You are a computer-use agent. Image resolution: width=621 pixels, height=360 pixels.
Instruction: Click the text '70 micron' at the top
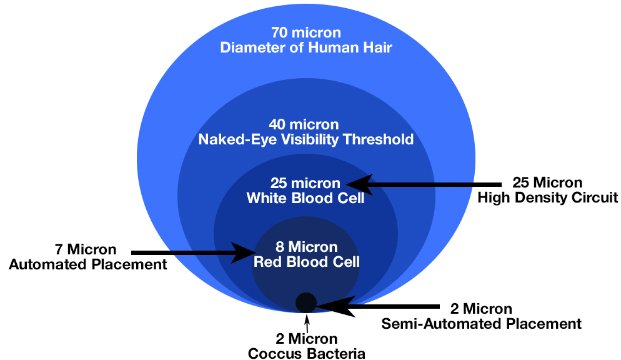click(306, 32)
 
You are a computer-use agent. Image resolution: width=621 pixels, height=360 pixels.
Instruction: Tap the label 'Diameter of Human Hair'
click(306, 47)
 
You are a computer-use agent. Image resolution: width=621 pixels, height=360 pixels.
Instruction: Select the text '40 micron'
click(306, 124)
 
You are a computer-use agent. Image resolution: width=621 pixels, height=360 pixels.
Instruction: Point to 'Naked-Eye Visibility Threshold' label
click(306, 139)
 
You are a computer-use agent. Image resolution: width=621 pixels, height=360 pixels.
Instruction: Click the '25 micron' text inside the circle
click(306, 184)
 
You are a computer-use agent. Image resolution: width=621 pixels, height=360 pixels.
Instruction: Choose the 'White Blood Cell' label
click(306, 199)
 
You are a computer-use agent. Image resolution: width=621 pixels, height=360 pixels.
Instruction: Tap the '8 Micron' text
click(306, 246)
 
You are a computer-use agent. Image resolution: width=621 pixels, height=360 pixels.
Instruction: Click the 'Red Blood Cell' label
click(306, 261)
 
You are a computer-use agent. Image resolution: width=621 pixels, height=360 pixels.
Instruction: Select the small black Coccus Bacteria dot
click(306, 302)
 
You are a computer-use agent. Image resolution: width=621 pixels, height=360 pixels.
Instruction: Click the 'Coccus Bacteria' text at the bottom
click(306, 354)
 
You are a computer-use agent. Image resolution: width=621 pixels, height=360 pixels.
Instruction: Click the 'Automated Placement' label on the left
click(88, 264)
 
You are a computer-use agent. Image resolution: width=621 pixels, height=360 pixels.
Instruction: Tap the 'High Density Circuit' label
click(548, 198)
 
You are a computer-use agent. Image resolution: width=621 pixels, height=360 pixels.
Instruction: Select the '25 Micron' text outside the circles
click(547, 183)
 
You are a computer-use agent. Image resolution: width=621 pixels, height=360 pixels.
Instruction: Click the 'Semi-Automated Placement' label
click(482, 324)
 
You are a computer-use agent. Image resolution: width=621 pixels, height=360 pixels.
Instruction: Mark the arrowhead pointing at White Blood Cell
click(357, 184)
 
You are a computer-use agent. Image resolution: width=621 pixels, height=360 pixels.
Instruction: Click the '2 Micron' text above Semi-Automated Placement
click(481, 309)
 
